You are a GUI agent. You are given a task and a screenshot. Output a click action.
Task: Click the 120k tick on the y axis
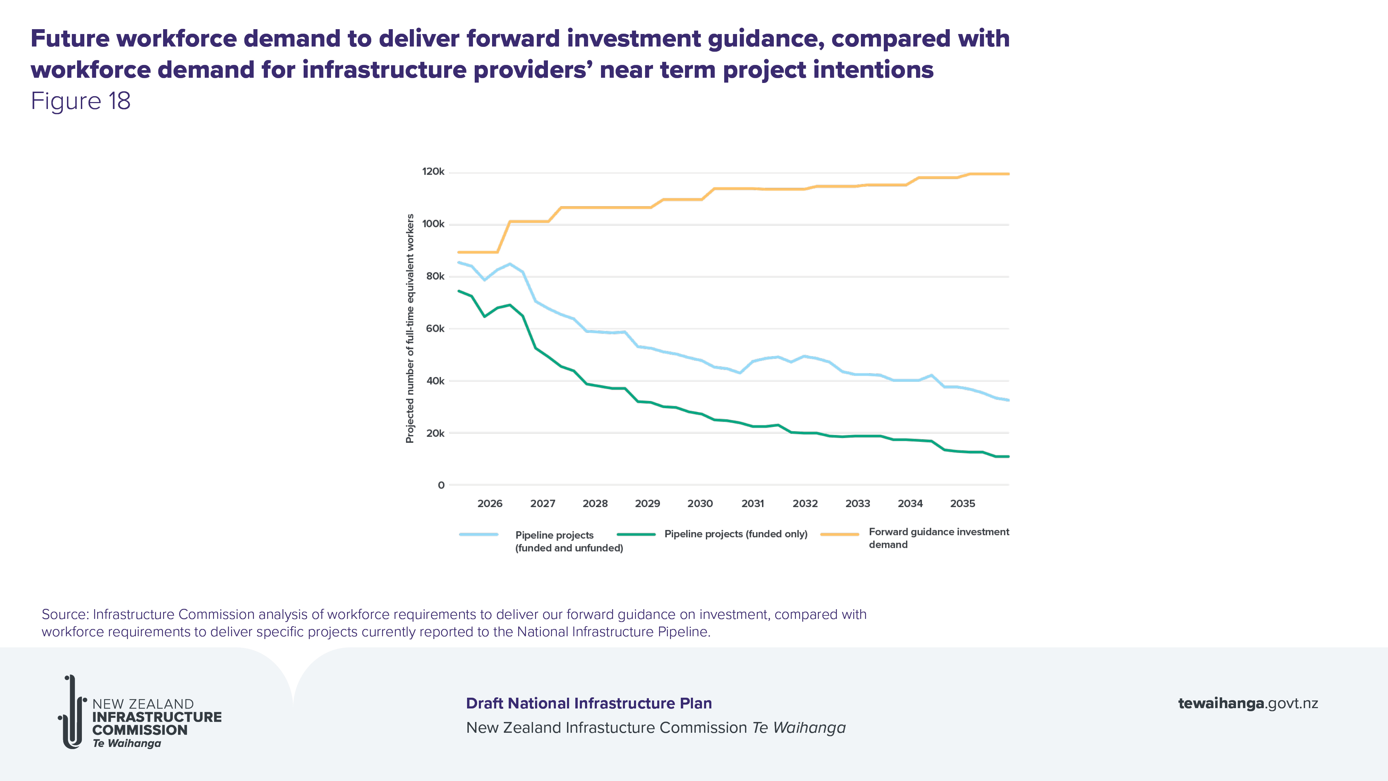[433, 172]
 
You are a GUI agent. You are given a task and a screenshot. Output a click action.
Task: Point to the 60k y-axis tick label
[435, 329]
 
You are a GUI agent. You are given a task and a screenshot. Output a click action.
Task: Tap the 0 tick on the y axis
[441, 486]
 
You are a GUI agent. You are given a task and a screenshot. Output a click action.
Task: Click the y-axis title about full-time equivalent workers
[410, 328]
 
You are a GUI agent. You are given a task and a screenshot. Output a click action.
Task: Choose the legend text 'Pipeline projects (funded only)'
[736, 534]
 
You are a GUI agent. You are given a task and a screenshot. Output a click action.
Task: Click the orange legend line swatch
[839, 535]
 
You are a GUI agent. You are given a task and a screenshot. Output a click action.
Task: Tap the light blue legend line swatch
[479, 535]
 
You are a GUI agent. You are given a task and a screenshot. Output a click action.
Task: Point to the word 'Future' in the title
[70, 39]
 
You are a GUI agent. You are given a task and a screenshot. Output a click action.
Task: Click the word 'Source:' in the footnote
[65, 614]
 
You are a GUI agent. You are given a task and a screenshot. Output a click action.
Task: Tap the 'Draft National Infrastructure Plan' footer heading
[589, 703]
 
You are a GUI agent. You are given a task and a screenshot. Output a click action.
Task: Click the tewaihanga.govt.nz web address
[1247, 703]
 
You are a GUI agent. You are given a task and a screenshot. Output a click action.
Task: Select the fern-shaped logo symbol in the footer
[72, 712]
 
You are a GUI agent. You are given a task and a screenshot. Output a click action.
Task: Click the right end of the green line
[1008, 456]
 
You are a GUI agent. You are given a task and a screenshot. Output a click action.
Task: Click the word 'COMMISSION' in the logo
[139, 730]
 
